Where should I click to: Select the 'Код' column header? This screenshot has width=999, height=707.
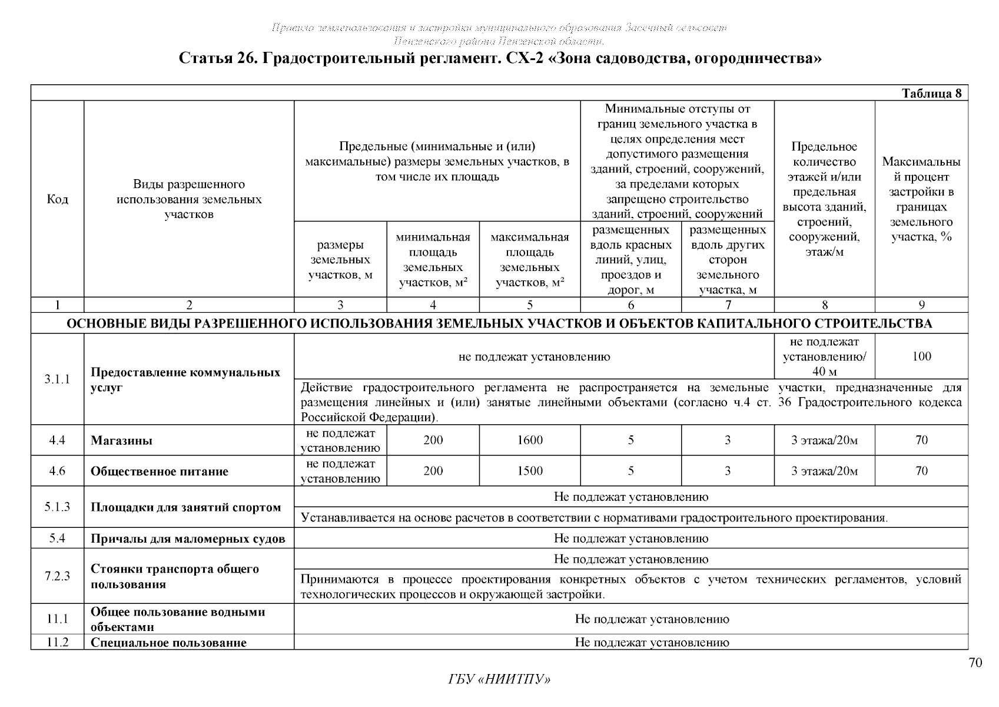pos(57,199)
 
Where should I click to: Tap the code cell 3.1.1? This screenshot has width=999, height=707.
pos(57,379)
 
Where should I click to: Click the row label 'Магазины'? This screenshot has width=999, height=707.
pos(122,441)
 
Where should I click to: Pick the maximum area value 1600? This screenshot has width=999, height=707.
pos(530,440)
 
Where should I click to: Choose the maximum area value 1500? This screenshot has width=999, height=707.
pos(530,471)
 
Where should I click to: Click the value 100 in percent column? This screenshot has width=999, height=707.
pos(921,356)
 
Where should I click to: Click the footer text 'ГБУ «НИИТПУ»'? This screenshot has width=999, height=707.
pos(499,679)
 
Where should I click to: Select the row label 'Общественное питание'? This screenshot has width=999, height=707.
pos(160,471)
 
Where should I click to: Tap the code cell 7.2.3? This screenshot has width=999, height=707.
pos(57,576)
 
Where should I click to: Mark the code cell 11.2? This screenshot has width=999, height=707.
pos(57,642)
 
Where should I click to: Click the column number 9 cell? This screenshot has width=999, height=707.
pos(921,305)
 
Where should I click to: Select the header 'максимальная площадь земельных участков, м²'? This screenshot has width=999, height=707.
pos(530,260)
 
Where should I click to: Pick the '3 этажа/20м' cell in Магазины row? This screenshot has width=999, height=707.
pos(824,440)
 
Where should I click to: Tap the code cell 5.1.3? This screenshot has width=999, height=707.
pos(57,507)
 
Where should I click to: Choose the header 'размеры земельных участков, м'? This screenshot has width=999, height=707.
pos(340,260)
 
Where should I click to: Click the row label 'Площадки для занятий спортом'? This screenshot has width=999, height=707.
pos(185,507)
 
